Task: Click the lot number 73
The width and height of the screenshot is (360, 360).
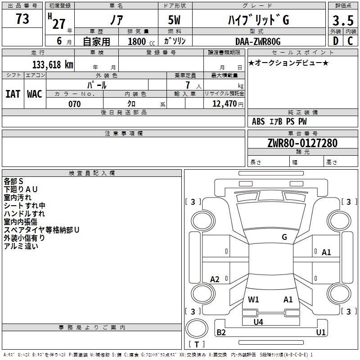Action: coord(22,19)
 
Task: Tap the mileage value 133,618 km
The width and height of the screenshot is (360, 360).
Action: coord(53,64)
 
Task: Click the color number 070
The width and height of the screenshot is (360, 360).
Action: coord(74,104)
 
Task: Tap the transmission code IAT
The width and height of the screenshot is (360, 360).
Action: coord(13,94)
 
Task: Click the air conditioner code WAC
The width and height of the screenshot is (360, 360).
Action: coord(35,94)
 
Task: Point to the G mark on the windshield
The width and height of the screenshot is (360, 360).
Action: coord(284,237)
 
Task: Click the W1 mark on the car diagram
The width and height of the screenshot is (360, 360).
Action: coord(254,299)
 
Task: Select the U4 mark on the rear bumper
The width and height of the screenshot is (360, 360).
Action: coord(258,322)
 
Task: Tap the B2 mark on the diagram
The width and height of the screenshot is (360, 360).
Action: coord(221,333)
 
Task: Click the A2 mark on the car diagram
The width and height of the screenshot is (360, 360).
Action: coord(215,279)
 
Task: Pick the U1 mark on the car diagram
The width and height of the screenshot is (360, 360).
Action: coord(321,333)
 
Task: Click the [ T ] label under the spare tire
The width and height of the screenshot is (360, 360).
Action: coord(197,344)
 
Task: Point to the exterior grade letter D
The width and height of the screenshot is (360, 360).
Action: coord(335,41)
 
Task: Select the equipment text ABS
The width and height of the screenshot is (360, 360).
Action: coord(258,121)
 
